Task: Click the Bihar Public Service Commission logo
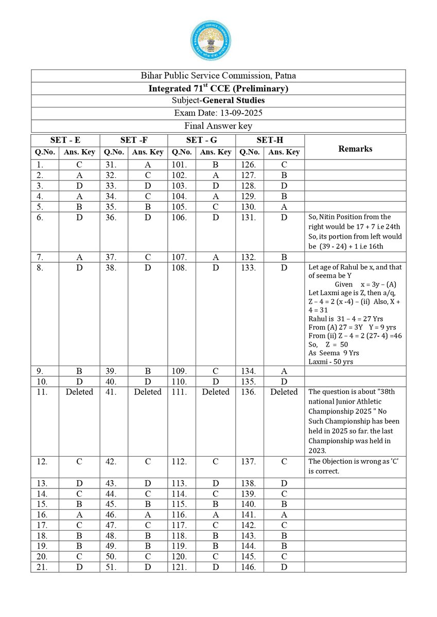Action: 211,41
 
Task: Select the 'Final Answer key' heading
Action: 218,126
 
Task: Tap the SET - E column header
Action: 65,140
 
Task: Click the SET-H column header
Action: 270,140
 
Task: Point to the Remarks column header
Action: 355,149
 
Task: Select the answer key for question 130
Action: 284,207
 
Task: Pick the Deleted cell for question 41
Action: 148,392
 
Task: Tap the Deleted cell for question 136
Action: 284,392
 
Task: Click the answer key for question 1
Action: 79,165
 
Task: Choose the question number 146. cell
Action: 250,567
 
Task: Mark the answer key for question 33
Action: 148,186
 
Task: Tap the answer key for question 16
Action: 79,514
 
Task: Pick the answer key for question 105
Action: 216,207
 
